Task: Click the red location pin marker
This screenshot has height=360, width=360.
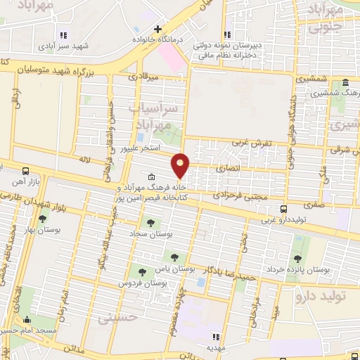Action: click(181, 165)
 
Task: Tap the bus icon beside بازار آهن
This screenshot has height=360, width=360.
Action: click(26, 171)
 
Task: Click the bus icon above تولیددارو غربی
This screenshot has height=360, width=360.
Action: click(283, 209)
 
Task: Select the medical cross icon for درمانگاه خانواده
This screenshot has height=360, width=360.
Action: click(158, 30)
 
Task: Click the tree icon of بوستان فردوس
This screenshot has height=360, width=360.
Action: click(142, 271)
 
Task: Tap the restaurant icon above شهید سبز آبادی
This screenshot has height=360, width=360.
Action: click(63, 34)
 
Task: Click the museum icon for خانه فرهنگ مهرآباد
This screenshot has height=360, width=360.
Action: click(152, 177)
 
